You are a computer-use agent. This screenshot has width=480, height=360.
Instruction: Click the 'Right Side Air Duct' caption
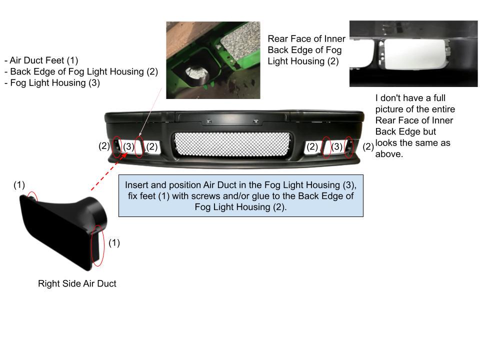(77, 283)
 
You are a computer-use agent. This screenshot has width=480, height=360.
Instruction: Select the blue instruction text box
(240, 195)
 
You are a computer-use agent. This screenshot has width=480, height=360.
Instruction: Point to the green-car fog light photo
(213, 60)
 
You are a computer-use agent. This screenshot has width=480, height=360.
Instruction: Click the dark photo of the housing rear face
(413, 53)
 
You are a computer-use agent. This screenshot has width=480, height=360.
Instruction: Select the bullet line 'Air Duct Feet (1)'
(41, 60)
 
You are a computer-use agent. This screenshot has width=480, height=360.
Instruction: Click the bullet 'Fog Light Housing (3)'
(52, 82)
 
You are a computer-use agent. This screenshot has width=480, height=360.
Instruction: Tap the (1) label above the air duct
(19, 185)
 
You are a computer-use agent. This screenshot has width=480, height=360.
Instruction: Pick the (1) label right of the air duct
(114, 242)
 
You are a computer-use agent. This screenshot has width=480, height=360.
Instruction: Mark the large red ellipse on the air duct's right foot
(98, 245)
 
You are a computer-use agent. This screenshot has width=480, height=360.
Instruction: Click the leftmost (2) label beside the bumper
(104, 146)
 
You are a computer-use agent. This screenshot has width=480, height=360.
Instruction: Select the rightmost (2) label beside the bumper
(368, 146)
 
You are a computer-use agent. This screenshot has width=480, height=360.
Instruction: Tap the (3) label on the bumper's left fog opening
(128, 146)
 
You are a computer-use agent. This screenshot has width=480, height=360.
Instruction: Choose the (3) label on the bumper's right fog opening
(337, 146)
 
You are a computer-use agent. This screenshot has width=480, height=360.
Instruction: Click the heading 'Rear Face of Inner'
(306, 39)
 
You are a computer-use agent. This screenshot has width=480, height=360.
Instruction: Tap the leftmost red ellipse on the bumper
(116, 146)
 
